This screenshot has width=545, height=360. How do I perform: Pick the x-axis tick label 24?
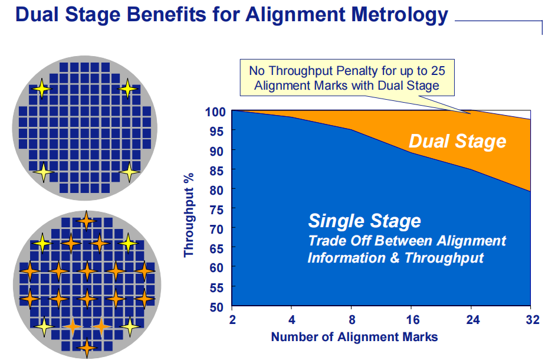[x=472, y=319]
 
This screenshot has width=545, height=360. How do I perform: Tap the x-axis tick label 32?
[x=530, y=319]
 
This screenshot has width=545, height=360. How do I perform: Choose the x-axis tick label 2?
[x=232, y=319]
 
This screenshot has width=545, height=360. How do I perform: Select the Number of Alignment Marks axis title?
[x=354, y=337]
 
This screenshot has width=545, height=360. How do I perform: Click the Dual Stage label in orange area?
[x=457, y=141]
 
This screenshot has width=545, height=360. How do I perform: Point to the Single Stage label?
[x=365, y=221]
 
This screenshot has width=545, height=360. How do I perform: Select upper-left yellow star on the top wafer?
[x=42, y=89]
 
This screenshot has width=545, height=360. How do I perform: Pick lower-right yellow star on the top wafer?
[x=130, y=172]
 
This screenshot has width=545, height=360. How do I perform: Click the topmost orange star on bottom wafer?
[x=87, y=221]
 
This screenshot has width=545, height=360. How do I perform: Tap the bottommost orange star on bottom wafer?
[x=87, y=347]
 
